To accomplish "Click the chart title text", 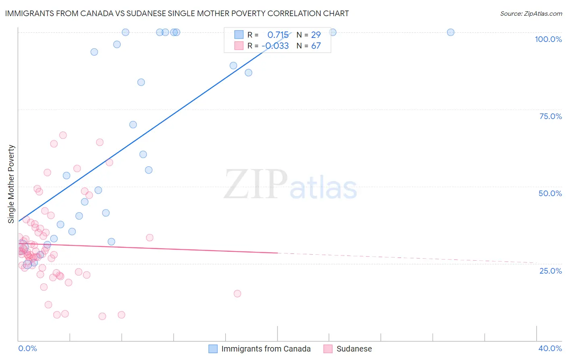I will (177, 13).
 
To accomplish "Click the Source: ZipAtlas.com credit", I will (531, 13).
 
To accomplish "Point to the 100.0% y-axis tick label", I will (548, 39).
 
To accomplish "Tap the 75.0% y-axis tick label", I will (550, 116).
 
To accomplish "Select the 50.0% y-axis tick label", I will (550, 193).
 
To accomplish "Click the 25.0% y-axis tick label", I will (550, 271).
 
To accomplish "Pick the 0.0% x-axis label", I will (27, 348).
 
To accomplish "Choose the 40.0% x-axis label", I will (550, 348).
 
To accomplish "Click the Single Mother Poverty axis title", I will (11, 184).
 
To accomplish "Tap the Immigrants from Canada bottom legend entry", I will (266, 349).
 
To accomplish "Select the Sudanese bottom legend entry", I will (354, 349).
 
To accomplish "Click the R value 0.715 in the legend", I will (278, 35).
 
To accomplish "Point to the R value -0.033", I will (275, 46).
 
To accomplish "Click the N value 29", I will (316, 35).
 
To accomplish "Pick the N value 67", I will (316, 46).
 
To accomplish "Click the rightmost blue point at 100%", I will (450, 32).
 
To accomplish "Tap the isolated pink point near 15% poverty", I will (237, 293).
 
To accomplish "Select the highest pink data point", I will (63, 135).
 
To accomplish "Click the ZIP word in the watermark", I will (256, 184).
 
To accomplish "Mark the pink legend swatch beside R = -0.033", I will (239, 46).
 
